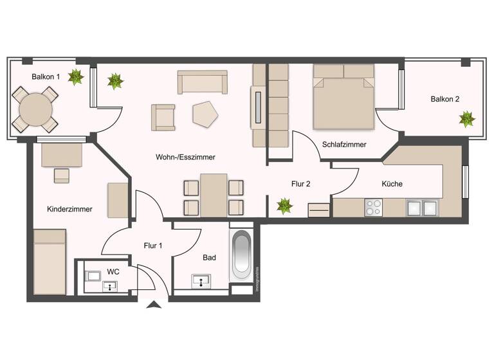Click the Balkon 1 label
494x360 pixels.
[x=46, y=76]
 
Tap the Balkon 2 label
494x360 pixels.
[x=445, y=99]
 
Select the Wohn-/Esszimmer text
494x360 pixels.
[x=185, y=157]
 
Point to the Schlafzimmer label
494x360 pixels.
[x=345, y=145]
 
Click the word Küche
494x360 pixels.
[x=392, y=184]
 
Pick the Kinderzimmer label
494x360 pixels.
[x=69, y=209]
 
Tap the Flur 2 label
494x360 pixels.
[x=301, y=184]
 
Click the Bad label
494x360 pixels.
[x=209, y=258]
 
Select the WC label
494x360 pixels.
[x=113, y=272]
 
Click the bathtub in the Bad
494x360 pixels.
[x=241, y=255]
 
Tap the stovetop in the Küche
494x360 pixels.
[x=374, y=207]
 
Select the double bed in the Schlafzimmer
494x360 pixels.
[x=343, y=96]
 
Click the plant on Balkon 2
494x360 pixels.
[x=466, y=119]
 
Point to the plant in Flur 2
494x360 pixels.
[x=284, y=206]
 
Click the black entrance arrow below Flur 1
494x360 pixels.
[x=153, y=305]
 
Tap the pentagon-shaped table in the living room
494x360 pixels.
[x=205, y=113]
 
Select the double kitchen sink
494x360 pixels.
[x=421, y=207]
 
